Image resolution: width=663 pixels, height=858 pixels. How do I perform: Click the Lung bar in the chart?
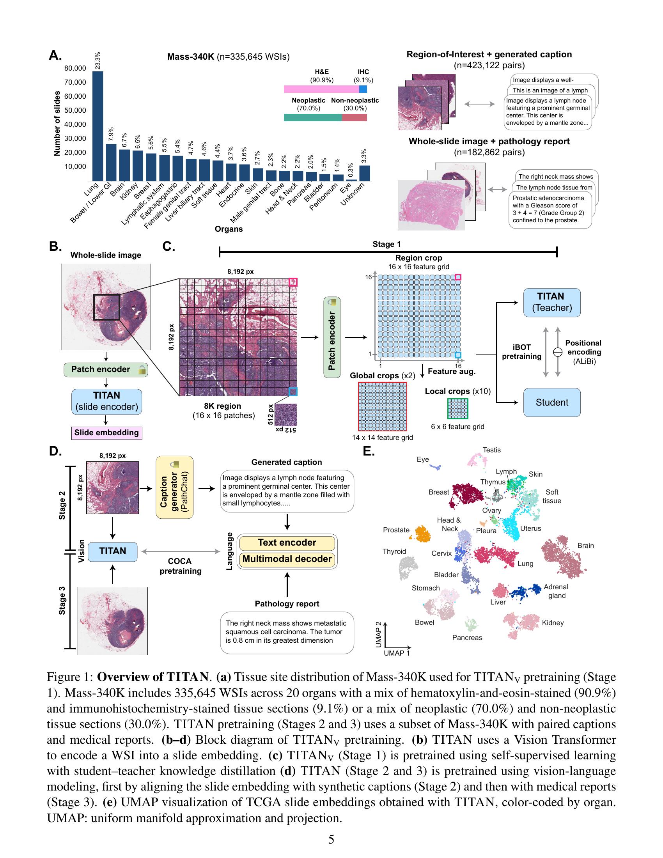pos(98,126)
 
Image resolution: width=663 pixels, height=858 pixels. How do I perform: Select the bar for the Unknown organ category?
pos(365,173)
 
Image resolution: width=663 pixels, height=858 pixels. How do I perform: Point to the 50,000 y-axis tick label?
pos(75,110)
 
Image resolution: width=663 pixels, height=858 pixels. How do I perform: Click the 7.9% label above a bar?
pos(111,135)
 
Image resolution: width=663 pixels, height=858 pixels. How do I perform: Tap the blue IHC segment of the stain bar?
pos(363,89)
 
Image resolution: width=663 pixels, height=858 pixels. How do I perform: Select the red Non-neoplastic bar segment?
pos(354,117)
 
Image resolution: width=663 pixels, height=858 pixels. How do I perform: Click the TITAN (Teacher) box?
pos(551,303)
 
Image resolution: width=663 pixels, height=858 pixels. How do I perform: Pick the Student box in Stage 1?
pos(551,402)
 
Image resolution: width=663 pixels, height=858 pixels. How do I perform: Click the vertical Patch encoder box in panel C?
pos(332,337)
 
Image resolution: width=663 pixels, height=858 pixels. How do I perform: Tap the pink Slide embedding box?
pos(106,433)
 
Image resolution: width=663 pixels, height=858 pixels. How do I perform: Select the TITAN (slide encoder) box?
pos(106,401)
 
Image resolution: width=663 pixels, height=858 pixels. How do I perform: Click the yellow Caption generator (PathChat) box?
pos(174,487)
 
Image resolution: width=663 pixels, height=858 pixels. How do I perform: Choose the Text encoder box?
pos(287,542)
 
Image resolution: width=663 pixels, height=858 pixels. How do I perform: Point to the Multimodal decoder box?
pos(287,559)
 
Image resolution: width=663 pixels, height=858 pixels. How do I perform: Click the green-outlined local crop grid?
pos(457,409)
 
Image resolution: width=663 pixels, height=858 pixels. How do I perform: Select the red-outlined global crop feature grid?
pos(382,406)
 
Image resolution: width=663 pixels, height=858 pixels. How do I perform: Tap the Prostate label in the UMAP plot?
pos(396,530)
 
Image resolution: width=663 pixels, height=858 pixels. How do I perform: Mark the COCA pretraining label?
pos(180,566)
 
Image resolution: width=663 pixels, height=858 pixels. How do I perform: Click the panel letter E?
pos(369,451)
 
